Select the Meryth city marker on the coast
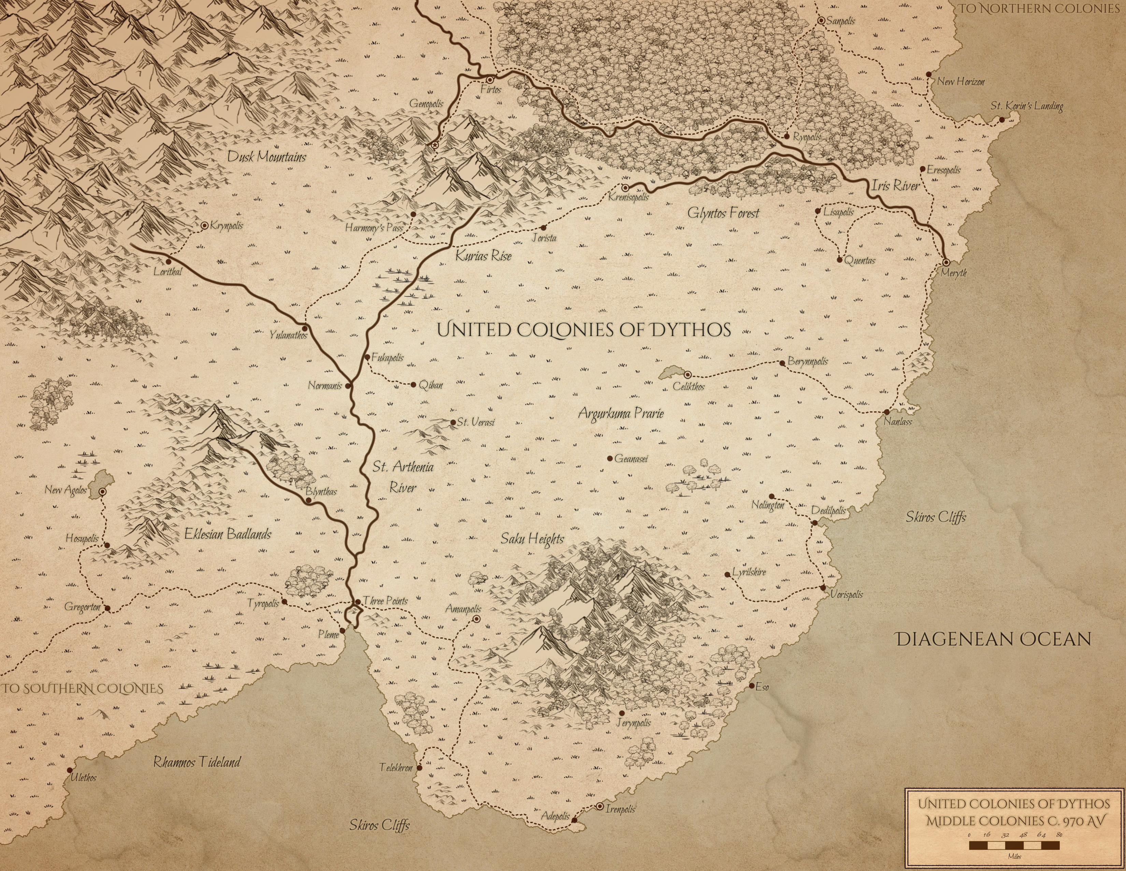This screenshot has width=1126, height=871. [946, 263]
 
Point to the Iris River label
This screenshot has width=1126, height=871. [896, 186]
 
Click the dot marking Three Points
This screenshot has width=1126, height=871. [358, 602]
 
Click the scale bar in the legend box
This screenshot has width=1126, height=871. [1014, 845]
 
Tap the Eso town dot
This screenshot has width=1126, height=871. [752, 686]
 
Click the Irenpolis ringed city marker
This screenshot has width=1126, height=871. [600, 806]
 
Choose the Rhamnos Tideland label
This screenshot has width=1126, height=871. [197, 762]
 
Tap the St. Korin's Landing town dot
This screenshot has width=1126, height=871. [1002, 120]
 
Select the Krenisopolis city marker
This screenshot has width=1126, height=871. [625, 188]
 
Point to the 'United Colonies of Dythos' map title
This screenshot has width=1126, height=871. [583, 330]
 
